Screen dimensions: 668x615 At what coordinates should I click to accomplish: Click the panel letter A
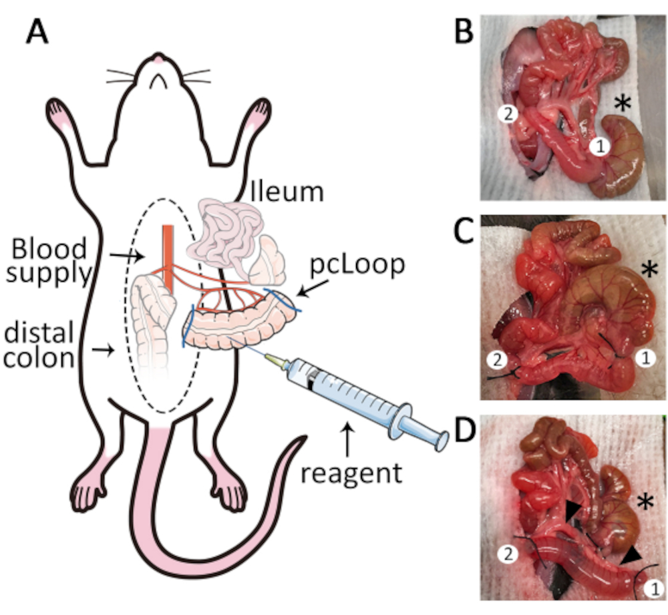coord(37,32)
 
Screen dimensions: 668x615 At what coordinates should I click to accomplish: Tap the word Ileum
coord(287,192)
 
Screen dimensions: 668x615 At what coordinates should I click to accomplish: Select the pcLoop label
coord(357,265)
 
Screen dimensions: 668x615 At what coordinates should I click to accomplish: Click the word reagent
coord(351,474)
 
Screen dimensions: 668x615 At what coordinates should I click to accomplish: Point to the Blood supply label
coord(49,260)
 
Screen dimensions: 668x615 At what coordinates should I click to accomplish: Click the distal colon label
coord(39,345)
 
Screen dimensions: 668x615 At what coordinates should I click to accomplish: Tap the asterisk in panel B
coord(623,104)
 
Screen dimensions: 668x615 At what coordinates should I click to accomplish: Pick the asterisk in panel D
coord(645,501)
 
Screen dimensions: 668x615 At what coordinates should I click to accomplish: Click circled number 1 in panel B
coord(601,147)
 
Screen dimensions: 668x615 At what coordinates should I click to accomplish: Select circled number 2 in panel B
coord(508,114)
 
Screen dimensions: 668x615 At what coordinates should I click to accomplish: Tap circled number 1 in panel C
coord(645,358)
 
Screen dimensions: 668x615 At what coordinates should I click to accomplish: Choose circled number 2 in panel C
coord(497,361)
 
